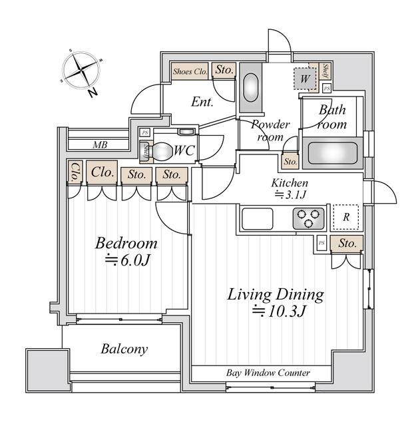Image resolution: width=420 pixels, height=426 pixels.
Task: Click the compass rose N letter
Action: (91, 93)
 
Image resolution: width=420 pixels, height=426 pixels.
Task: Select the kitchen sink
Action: (256, 218)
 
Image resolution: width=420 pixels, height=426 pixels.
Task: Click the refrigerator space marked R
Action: (345, 217)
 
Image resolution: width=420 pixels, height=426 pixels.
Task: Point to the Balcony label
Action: (124, 349)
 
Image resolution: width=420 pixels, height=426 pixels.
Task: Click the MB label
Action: (99, 144)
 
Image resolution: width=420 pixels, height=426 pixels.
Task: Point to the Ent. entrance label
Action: (202, 103)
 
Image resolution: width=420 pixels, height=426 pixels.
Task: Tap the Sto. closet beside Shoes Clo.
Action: (224, 70)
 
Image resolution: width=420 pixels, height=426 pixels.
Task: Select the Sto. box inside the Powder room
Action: (290, 161)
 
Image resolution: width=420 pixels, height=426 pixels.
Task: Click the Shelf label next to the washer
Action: (325, 71)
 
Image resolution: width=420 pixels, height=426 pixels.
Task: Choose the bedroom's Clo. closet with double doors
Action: (102, 172)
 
